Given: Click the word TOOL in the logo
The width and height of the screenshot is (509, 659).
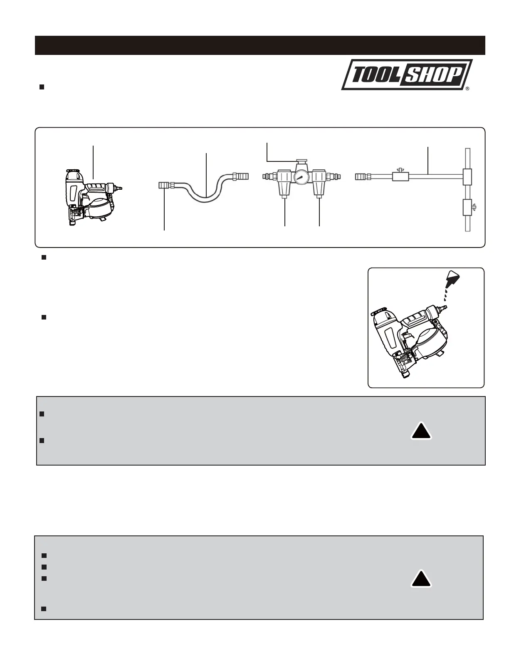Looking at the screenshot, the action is pyautogui.click(x=371, y=75).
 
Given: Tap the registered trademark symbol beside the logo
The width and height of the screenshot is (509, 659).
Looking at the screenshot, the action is pyautogui.click(x=467, y=89).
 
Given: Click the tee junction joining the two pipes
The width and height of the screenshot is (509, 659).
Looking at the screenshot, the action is pyautogui.click(x=468, y=176).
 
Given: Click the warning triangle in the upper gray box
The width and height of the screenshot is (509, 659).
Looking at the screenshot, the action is pyautogui.click(x=421, y=431).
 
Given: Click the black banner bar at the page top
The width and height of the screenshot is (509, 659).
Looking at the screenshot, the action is pyautogui.click(x=260, y=45).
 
